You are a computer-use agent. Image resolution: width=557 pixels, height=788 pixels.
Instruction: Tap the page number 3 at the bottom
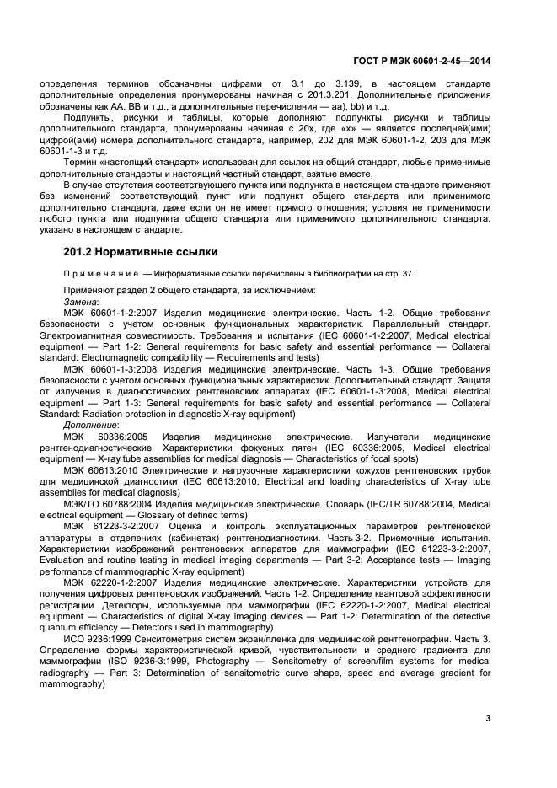click(488, 718)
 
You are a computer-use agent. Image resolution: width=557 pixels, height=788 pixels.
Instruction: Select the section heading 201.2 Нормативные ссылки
click(141, 251)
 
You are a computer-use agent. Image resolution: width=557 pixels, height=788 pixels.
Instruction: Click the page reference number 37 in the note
click(407, 273)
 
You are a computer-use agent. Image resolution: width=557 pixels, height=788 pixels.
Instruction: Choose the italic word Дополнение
click(91, 426)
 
